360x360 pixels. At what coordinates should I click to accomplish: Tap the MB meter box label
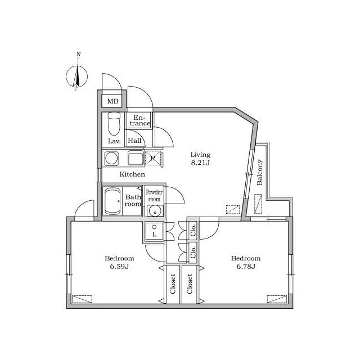coord(113,102)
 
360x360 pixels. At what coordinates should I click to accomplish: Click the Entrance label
coord(142,120)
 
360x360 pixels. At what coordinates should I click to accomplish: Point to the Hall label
coord(134,141)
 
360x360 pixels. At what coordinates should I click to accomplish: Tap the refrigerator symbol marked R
coord(153,158)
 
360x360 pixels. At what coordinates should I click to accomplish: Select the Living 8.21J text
coord(200,159)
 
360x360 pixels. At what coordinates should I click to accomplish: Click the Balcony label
coord(260,173)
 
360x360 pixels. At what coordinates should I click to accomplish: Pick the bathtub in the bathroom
coord(113,201)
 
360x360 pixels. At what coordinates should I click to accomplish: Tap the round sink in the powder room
coord(154,211)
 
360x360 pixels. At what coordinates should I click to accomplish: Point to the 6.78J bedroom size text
coord(246,267)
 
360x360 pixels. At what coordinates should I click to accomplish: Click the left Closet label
coord(173,285)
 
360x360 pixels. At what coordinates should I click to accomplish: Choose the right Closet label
coord(190,285)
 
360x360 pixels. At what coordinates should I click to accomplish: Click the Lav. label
coord(112,141)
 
